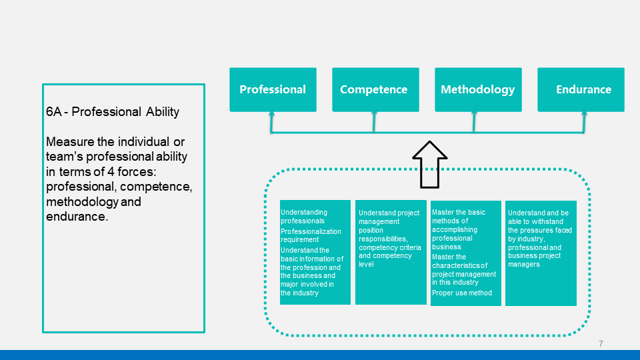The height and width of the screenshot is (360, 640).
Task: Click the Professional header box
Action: (x=273, y=90)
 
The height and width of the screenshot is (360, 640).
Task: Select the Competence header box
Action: (x=375, y=90)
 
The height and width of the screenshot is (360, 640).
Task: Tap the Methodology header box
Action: (x=479, y=90)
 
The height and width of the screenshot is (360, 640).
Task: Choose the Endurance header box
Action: (x=581, y=90)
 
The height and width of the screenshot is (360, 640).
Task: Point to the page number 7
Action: (x=601, y=344)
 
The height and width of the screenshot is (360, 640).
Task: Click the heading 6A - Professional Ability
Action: (x=113, y=112)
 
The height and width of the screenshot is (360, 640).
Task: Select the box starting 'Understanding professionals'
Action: (x=315, y=252)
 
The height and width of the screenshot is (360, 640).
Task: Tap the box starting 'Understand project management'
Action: (x=391, y=252)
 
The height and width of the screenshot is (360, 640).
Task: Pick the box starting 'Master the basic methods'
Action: (x=466, y=253)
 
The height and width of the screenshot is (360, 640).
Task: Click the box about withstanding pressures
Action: (x=541, y=253)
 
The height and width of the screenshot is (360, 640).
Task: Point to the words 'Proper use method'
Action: (x=462, y=293)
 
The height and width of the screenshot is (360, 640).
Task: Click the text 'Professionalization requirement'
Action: (x=311, y=235)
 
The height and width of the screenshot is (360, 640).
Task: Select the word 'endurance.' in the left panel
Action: (x=77, y=216)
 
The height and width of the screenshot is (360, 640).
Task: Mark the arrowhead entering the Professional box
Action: (x=271, y=114)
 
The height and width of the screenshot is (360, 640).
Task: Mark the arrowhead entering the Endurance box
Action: (x=584, y=114)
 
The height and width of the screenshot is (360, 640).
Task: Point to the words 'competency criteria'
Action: (x=390, y=247)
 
